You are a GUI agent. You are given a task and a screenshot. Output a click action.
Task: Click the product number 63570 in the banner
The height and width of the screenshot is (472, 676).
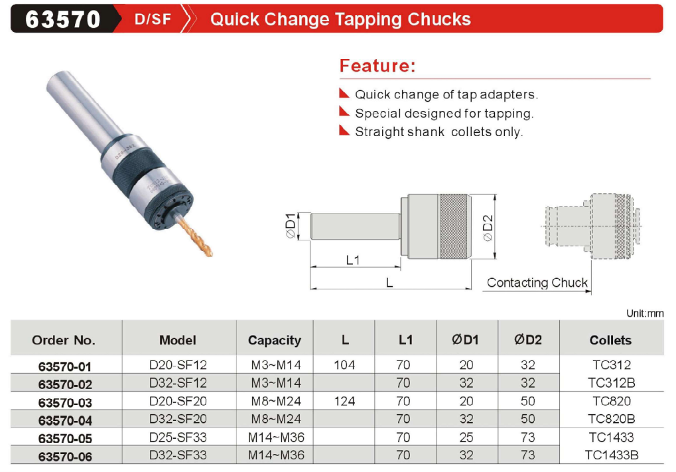[x=63, y=19]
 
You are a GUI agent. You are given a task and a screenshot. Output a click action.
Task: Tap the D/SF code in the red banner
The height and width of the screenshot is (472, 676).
[x=153, y=19]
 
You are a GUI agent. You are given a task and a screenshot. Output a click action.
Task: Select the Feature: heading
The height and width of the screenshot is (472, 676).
[x=377, y=66]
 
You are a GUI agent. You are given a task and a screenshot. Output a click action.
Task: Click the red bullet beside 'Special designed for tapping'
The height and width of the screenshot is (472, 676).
[x=344, y=112]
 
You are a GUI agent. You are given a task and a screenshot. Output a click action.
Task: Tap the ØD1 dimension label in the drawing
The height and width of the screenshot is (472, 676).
[x=291, y=225]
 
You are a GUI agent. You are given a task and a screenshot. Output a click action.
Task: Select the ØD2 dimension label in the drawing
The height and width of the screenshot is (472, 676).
[x=488, y=228]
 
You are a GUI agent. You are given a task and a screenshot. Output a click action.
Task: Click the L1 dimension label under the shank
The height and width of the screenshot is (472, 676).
[x=353, y=260]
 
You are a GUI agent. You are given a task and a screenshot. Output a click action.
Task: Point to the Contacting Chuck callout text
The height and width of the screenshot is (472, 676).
[x=537, y=283]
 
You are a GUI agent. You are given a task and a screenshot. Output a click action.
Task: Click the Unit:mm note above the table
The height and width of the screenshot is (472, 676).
[x=645, y=313]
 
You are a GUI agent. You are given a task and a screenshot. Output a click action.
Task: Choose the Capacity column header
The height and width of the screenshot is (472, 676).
[x=275, y=340]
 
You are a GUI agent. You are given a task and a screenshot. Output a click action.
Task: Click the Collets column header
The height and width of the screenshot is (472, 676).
[x=610, y=340]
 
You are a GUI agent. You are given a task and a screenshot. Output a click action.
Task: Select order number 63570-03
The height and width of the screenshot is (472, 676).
[x=65, y=402]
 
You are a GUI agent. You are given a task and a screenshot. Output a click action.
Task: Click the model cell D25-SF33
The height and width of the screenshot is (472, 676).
[x=178, y=437]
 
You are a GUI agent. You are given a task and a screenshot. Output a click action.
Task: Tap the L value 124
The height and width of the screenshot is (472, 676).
[x=344, y=401]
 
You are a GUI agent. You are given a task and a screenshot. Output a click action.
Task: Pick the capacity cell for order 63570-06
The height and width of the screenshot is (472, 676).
[x=276, y=455]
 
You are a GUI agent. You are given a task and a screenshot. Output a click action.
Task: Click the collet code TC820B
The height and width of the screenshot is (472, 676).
[x=612, y=419]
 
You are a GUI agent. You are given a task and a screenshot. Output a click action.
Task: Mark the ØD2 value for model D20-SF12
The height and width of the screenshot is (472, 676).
[x=527, y=365]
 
